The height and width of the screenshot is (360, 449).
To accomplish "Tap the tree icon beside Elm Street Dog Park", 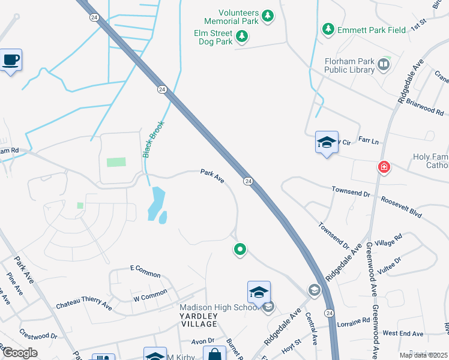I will click(x=241, y=38).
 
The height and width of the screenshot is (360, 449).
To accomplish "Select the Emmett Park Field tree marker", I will click(x=328, y=28).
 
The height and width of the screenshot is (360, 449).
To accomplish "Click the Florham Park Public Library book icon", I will click(x=383, y=64).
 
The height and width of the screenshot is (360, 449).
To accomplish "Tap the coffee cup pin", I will click(x=11, y=60).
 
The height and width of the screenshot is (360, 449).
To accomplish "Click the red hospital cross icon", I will click(x=384, y=167).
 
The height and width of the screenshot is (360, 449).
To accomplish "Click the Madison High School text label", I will click(x=214, y=308).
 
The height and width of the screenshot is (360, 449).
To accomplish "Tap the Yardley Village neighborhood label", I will click(x=199, y=324).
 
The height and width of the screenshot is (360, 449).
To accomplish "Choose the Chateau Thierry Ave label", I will click(x=84, y=305).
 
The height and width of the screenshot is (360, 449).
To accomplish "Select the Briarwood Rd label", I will click(x=424, y=107).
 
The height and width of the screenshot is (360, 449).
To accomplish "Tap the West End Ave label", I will click(x=404, y=333).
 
